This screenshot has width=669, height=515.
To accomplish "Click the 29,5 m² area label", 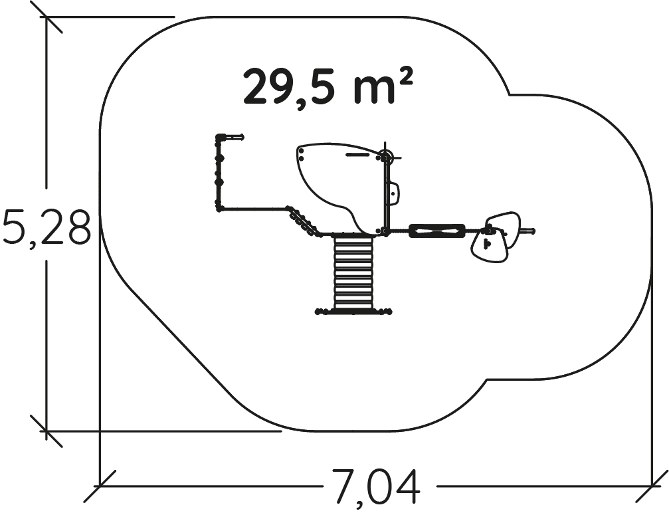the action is tap(328, 88).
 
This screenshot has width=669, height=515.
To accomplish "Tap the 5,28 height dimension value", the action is tap(46, 227).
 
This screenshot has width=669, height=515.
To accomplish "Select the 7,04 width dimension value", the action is tap(375, 486).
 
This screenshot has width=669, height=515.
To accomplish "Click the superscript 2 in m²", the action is tap(405, 80).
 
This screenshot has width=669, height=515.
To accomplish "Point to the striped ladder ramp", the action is tap(353, 273).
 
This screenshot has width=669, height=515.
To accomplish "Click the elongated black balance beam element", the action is tap(437, 231).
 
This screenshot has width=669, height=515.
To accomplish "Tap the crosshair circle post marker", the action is tap(386, 157).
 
